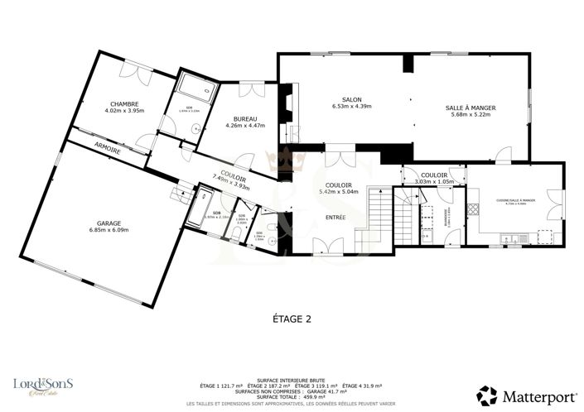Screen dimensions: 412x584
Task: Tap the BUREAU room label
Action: coord(245,118)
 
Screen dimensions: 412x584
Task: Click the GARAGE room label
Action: coord(109,223)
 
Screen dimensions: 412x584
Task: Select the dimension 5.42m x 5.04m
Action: coord(339,192)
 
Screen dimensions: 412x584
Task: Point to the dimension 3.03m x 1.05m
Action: coord(434,182)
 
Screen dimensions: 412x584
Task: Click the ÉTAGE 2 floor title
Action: coord(292,318)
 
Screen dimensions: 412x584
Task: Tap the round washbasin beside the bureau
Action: coord(195,127)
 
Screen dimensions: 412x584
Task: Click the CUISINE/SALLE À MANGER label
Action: coord(516,201)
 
